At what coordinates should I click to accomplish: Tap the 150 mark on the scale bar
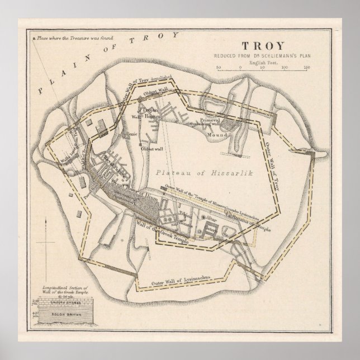pos(307,67)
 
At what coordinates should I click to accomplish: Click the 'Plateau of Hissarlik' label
pos(190,158)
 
